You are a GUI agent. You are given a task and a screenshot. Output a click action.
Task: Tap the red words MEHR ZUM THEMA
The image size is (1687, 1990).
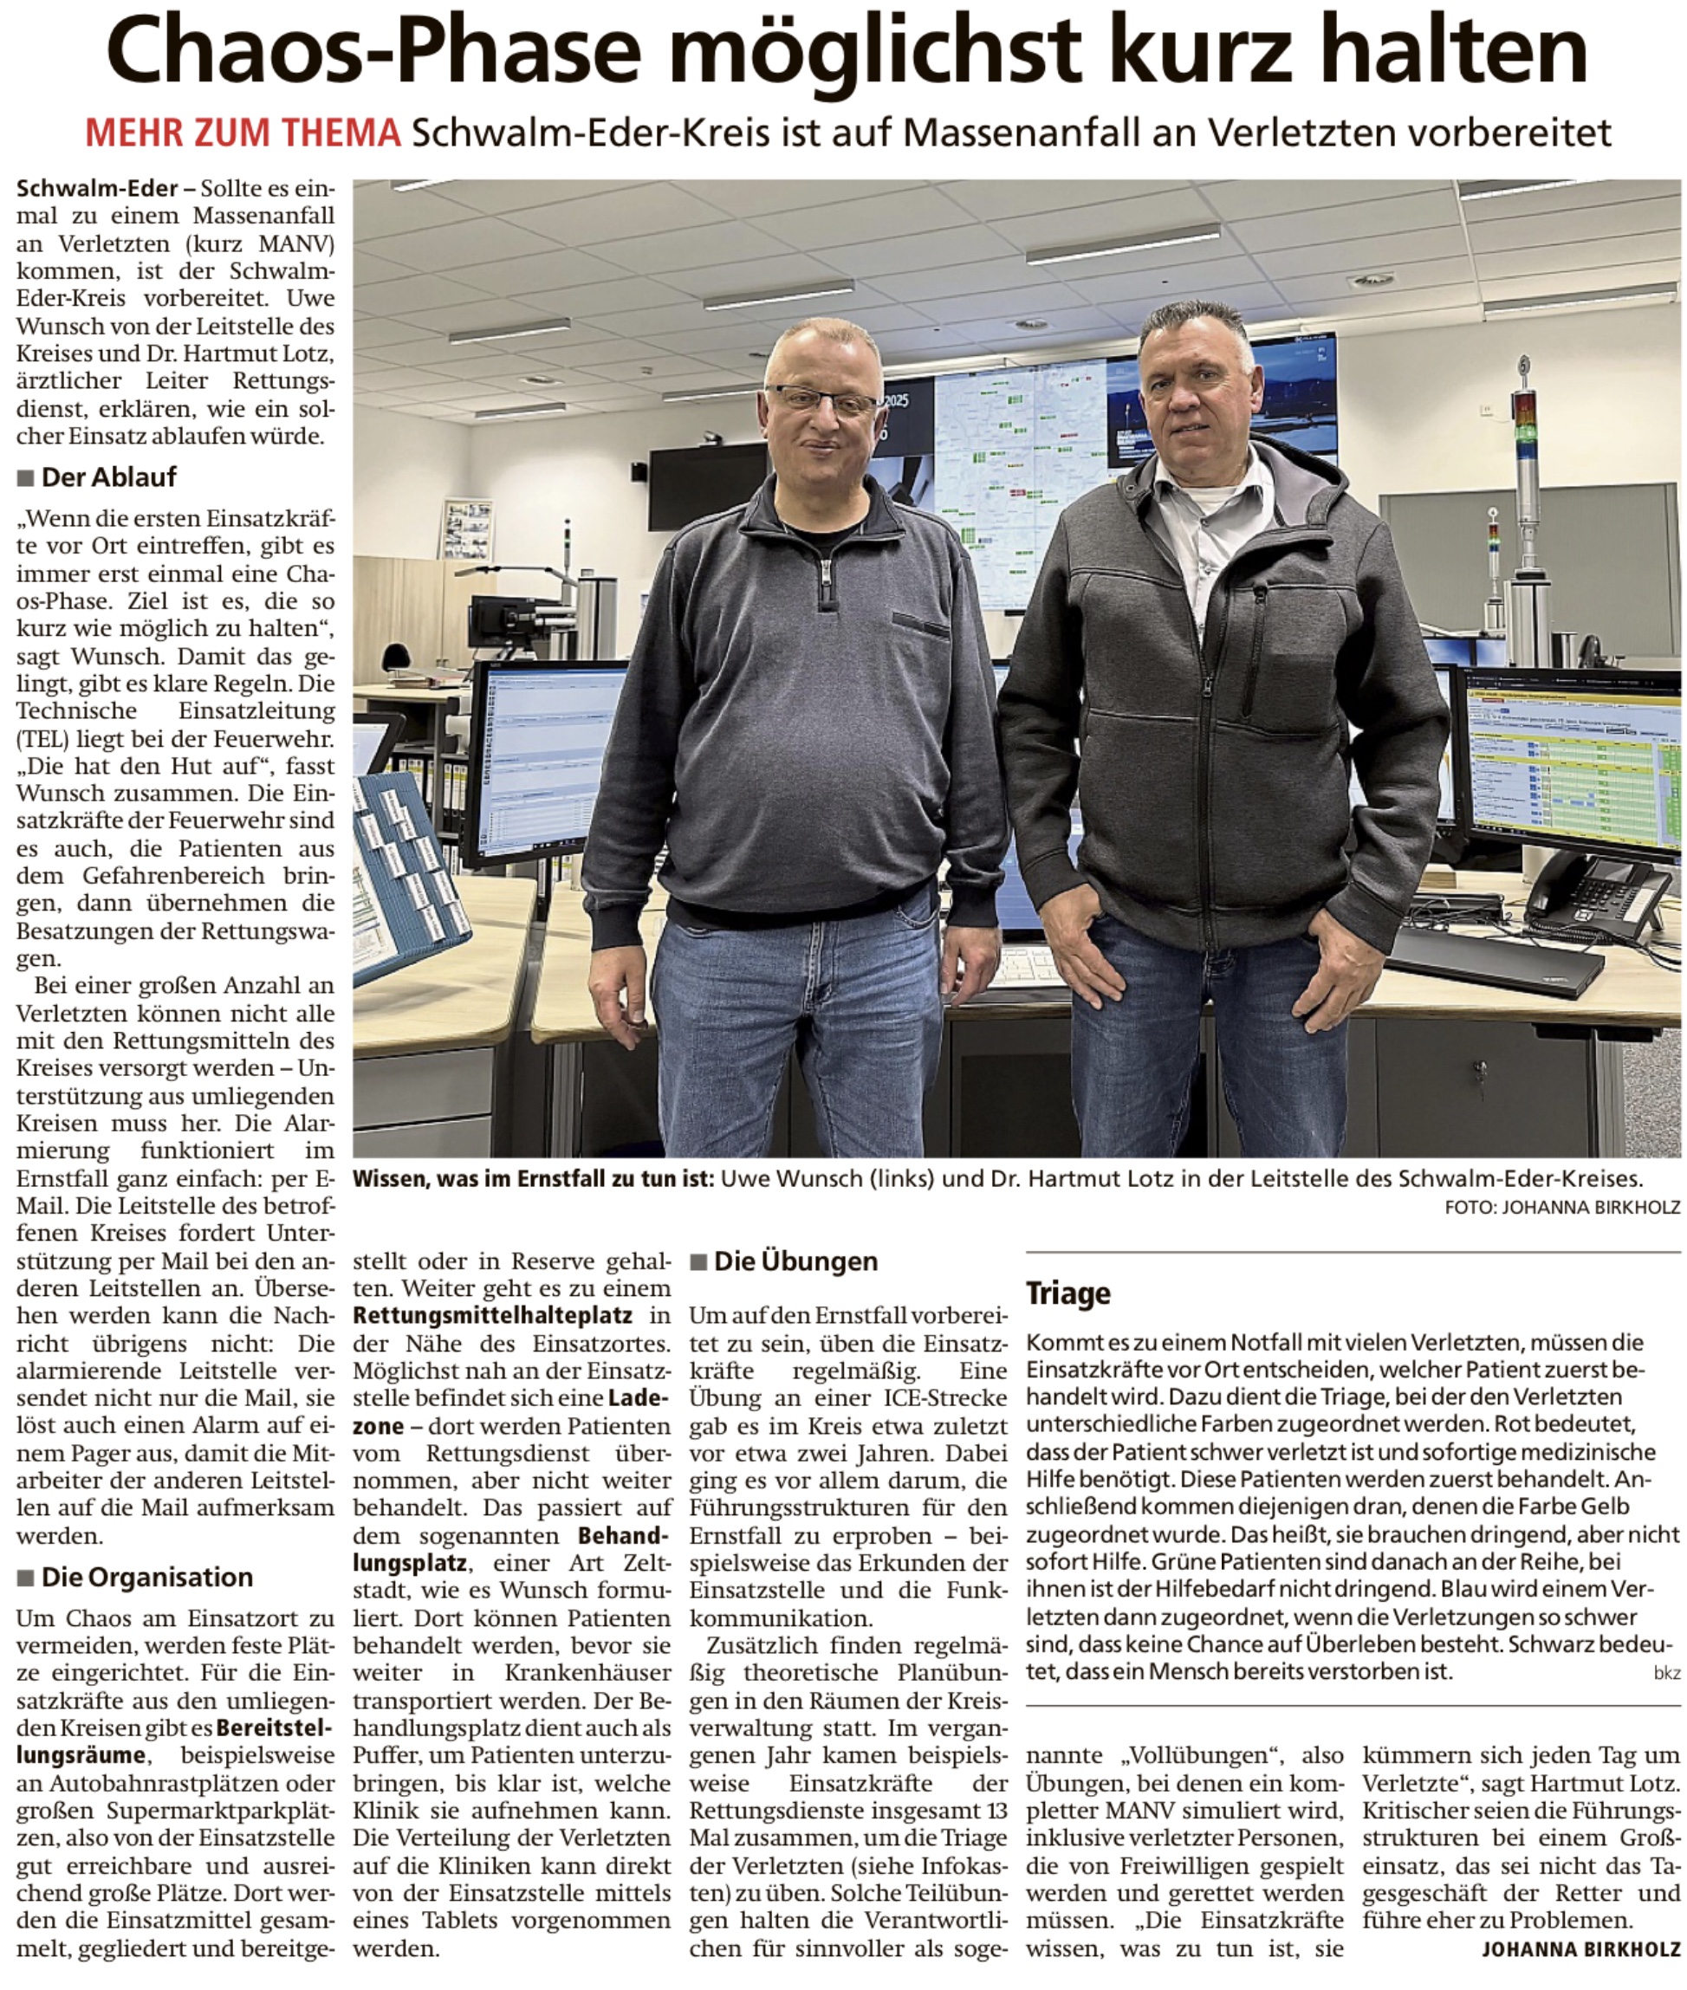click(x=243, y=133)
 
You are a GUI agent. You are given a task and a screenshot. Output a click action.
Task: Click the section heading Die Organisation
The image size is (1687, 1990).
click(x=146, y=1577)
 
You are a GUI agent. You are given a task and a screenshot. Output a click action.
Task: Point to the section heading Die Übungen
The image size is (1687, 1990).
click(x=795, y=1261)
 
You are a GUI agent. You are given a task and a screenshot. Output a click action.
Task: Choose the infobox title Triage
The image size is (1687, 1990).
click(x=1068, y=1293)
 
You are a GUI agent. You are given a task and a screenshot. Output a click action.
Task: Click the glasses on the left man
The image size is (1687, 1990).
click(x=821, y=399)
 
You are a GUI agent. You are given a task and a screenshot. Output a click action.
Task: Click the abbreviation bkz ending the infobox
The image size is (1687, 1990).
click(x=1666, y=1674)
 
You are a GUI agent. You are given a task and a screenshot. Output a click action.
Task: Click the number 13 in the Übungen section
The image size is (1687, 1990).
click(x=996, y=1810)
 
